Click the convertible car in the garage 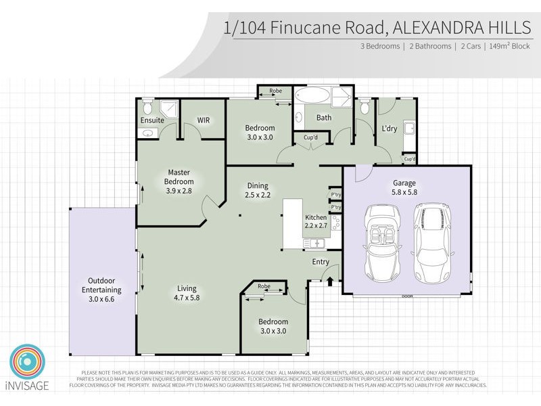pyautogui.click(x=383, y=240)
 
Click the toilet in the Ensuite pyautogui.click(x=147, y=107)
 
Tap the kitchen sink pyautogui.click(x=314, y=243)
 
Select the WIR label pyautogui.click(x=204, y=120)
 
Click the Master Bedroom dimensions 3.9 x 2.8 pyautogui.click(x=179, y=191)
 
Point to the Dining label pyautogui.click(x=257, y=185)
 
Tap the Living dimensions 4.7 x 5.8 pyautogui.click(x=187, y=297)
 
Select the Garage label pyautogui.click(x=404, y=183)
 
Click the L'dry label pyautogui.click(x=389, y=129)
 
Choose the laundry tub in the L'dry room pyautogui.click(x=408, y=129)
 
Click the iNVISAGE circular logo pyautogui.click(x=27, y=363)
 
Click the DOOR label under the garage pyautogui.click(x=406, y=296)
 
